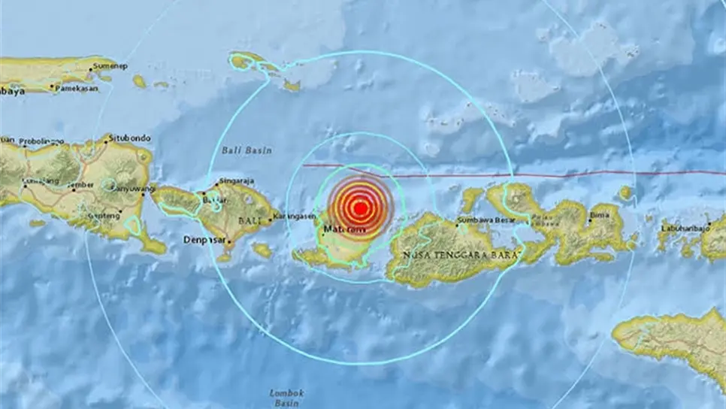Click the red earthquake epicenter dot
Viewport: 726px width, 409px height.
pos(360,208)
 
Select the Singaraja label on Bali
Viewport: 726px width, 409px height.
pos(236,181)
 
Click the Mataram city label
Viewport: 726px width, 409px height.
pos(343,228)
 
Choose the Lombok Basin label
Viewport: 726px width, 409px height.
pos(286,396)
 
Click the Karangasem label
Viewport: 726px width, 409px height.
pos(294,217)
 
